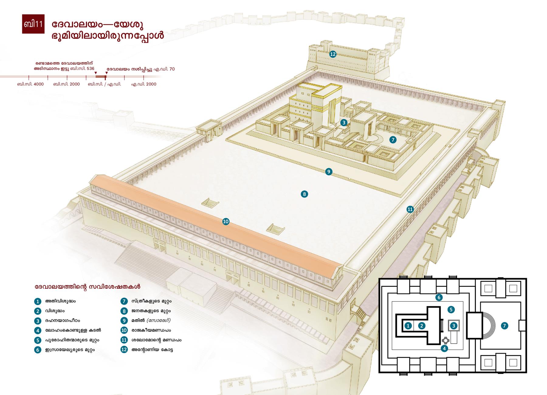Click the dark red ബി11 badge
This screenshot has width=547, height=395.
(x=33, y=24)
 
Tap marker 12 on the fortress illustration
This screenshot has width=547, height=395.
(x=333, y=54)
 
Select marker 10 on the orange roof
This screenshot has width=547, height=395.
(x=225, y=222)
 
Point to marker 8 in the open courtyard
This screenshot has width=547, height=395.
(x=304, y=194)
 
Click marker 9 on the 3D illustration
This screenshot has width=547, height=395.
(x=329, y=172)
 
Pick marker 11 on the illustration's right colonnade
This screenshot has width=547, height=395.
(x=410, y=209)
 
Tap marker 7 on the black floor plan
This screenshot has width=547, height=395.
(x=504, y=326)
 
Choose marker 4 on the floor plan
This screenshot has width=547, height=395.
(x=444, y=348)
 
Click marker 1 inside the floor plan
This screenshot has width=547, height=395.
(x=408, y=326)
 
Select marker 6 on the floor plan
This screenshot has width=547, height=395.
(x=439, y=297)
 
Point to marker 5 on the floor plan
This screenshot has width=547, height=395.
(x=451, y=310)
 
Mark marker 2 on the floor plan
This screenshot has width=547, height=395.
(x=421, y=326)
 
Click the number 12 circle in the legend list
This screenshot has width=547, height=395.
(x=124, y=349)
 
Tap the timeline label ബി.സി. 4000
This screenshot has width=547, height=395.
(x=30, y=84)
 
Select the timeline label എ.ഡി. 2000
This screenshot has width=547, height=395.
(x=144, y=84)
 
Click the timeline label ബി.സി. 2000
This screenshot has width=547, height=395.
(x=67, y=84)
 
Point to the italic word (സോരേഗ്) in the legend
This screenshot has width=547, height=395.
(x=159, y=320)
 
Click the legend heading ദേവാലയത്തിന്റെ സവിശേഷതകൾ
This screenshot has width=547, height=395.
(x=88, y=287)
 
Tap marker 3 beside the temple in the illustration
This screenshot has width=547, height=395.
(x=344, y=122)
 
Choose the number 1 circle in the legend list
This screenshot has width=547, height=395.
(x=38, y=301)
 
